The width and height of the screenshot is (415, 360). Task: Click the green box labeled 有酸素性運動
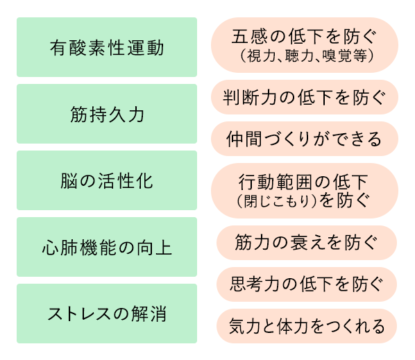coord(107,47)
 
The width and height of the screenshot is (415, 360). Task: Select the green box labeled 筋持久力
coord(107,114)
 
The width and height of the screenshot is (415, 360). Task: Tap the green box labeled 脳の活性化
coord(107,180)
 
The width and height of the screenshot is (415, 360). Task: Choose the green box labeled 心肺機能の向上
coord(107,247)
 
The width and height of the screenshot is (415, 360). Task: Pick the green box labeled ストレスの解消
coord(107,314)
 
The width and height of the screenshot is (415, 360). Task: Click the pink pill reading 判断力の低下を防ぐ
coord(305,97)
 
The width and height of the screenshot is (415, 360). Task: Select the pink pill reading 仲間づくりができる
coord(305,139)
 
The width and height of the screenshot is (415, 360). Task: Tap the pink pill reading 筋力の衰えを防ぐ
coord(307,243)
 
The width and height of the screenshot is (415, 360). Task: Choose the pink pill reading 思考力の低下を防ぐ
coord(307,284)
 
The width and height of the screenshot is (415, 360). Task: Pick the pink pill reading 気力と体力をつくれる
coord(307,326)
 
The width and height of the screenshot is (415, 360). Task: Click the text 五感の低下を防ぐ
coord(304,37)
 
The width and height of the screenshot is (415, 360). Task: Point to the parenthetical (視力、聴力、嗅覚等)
coord(307,55)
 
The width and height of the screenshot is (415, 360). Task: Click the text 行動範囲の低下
coord(303,182)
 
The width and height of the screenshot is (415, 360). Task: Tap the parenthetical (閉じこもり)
coord(277,201)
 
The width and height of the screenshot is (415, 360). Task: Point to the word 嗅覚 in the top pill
coord(337,55)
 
